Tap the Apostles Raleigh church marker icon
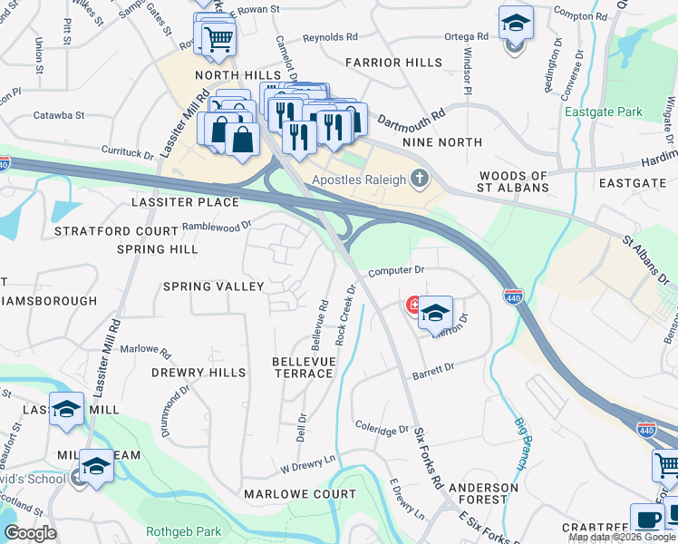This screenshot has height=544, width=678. click(419, 179)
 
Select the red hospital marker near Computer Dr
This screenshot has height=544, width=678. click(414, 306)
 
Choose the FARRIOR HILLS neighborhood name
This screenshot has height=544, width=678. click(394, 63)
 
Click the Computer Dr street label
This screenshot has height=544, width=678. click(396, 270)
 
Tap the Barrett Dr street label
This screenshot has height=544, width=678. click(432, 372)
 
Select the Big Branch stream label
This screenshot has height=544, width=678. click(521, 442)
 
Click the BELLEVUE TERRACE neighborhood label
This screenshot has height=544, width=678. click(303, 367)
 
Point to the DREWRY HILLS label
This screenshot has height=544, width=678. click(199, 373)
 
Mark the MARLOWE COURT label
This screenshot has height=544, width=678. click(300, 494)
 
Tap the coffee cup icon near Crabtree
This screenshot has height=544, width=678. click(647, 520)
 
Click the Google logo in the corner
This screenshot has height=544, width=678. click(30, 533)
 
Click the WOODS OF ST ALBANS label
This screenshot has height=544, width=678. click(514, 181)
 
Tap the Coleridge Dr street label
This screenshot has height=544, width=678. click(383, 426)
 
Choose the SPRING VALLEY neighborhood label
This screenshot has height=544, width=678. click(213, 287)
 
